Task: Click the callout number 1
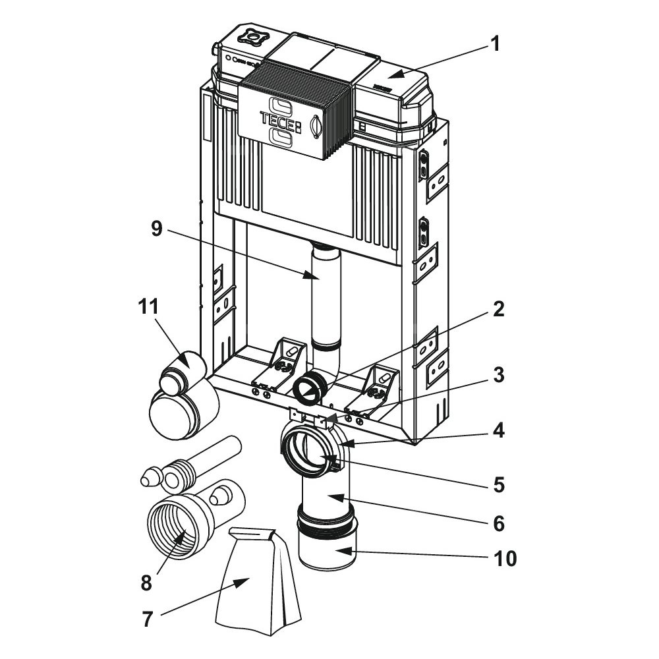(495, 45)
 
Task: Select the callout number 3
(498, 376)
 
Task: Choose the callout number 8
(146, 583)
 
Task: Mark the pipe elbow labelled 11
(181, 402)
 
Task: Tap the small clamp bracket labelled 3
(310, 416)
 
